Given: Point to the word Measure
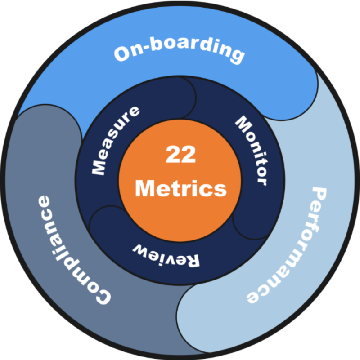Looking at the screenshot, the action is (x=114, y=140).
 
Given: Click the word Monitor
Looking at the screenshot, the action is (x=253, y=149).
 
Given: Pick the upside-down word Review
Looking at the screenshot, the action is (x=166, y=256).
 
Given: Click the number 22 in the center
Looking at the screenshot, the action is (x=181, y=154).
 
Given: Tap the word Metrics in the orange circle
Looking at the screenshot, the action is (x=181, y=188).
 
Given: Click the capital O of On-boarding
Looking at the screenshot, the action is (x=122, y=53).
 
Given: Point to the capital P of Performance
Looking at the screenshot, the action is (x=319, y=195).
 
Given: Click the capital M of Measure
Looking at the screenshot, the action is (x=99, y=168).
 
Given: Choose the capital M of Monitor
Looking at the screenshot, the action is (x=244, y=124).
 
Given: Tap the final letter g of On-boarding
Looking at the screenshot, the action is (x=237, y=56).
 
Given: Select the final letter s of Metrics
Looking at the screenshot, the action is (x=220, y=191).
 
